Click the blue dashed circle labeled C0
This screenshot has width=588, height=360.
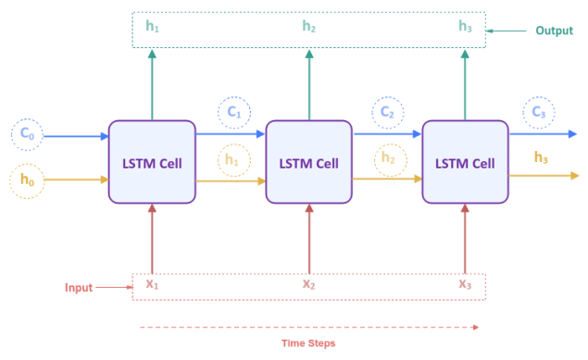pyautogui.click(x=26, y=135)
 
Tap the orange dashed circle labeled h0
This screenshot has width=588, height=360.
pyautogui.click(x=26, y=180)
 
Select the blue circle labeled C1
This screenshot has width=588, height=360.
pyautogui.click(x=233, y=113)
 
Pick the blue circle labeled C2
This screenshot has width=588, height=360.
pyautogui.click(x=389, y=113)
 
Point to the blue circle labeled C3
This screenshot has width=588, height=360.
pyautogui.click(x=538, y=113)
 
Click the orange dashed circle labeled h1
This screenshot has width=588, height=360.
pyautogui.click(x=233, y=160)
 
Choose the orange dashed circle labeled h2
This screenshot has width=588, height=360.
pyautogui.click(x=389, y=160)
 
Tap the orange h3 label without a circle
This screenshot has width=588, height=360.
pyautogui.click(x=541, y=157)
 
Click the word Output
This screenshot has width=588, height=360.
pyautogui.click(x=555, y=31)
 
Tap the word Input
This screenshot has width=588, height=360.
pyautogui.click(x=79, y=288)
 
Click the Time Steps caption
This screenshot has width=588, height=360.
pyautogui.click(x=308, y=343)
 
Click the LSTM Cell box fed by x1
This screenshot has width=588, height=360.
pyautogui.click(x=152, y=163)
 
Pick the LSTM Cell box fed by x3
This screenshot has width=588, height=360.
pyautogui.click(x=465, y=163)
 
